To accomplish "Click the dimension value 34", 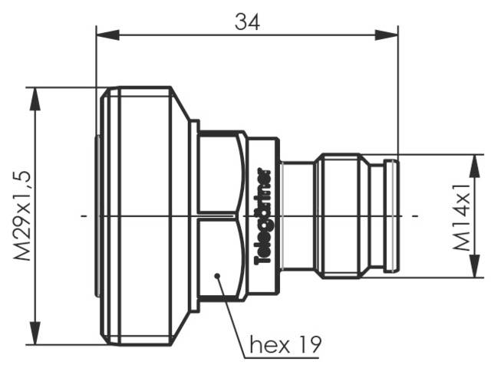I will pyautogui.click(x=246, y=21).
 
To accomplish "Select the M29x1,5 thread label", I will pyautogui.click(x=22, y=216).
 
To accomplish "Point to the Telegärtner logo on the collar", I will pyautogui.click(x=261, y=215).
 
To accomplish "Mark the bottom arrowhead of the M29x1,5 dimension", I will pyautogui.click(x=35, y=338).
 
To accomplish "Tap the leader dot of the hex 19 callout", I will pyautogui.click(x=218, y=275).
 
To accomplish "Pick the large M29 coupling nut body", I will pyautogui.click(x=142, y=216).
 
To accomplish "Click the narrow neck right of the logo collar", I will pyautogui.click(x=296, y=216).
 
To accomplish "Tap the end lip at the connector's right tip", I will pyautogui.click(x=391, y=216).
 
